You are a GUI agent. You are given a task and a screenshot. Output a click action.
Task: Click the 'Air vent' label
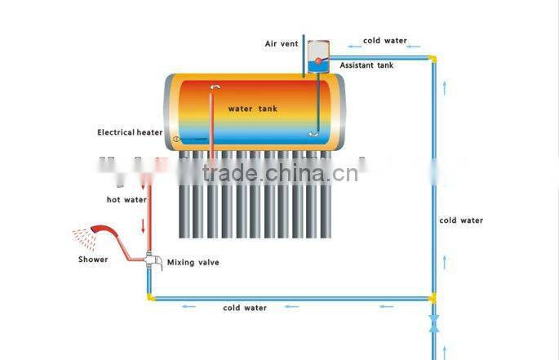coord(282,43)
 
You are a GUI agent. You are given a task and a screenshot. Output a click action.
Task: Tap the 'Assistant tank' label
coord(366,65)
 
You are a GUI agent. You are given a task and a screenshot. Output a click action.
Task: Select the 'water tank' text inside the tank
coord(253,109)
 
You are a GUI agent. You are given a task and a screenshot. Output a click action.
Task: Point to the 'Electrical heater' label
coord(130,132)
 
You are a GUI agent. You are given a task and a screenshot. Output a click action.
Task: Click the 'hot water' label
coord(126,200)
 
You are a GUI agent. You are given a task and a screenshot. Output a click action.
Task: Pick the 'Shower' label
coord(93,260)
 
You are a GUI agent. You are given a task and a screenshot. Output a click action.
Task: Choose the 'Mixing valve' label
coord(193,262)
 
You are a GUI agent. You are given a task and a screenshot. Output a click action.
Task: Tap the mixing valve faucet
coord(153,260)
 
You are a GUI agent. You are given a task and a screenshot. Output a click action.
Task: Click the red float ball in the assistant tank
coord(317,61)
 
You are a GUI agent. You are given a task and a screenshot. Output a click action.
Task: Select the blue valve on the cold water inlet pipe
coord(434,323)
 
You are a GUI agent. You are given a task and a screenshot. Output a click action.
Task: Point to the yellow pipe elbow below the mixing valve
coord(151,297)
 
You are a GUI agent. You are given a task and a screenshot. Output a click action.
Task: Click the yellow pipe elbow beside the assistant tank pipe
coord(433,58)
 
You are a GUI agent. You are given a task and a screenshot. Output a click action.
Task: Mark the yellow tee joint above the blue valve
coord(433,298)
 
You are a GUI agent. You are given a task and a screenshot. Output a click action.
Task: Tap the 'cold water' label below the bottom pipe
coord(245,308)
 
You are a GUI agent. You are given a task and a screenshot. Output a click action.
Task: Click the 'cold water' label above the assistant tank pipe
coord(385,41)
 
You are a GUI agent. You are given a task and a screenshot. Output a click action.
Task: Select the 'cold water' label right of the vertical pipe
coord(461,220)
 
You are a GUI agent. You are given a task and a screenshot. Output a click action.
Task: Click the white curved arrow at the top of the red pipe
coord(215,87)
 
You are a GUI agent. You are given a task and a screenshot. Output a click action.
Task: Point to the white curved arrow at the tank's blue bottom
coord(313,134)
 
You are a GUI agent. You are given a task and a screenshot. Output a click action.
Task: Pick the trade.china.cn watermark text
coord(280,173)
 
